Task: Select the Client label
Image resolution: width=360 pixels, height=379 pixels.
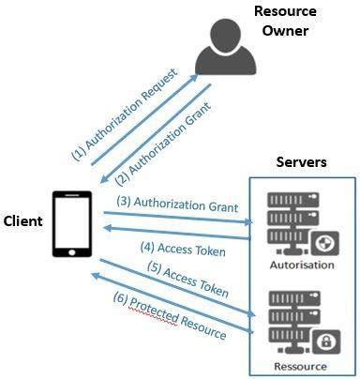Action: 24,221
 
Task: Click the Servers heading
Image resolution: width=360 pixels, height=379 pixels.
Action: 301,162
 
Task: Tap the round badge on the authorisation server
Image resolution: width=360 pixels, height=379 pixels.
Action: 323,243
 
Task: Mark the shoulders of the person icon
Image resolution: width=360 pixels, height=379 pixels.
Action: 226,62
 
